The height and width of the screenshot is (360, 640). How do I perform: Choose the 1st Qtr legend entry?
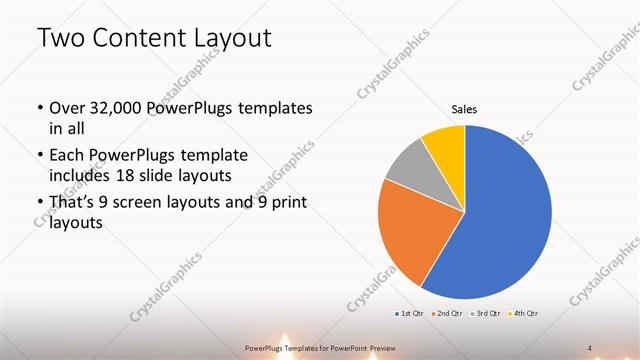pos(409,314)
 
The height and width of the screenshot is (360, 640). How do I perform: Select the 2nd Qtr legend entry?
pos(445,314)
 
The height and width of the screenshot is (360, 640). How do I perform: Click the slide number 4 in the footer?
pos(589,347)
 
